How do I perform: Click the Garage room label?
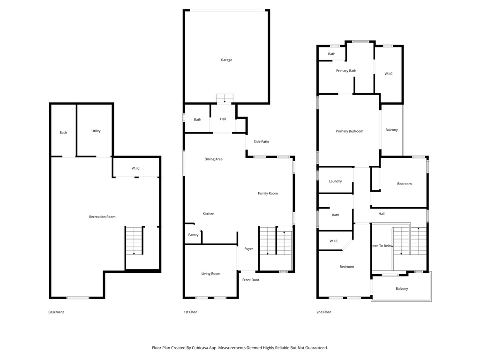[x=226, y=60]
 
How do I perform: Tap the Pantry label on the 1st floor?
[x=193, y=235]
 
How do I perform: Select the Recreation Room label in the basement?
[x=102, y=217]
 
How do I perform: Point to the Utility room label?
[x=96, y=131]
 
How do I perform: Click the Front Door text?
[x=251, y=280]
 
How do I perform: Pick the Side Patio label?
[x=262, y=142]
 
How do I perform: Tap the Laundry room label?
[x=335, y=181]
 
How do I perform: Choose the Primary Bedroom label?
[x=350, y=131]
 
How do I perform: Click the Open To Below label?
[x=382, y=246]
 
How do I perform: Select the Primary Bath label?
[x=346, y=71]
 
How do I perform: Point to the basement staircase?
[x=134, y=240]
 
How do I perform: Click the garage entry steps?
[x=225, y=98]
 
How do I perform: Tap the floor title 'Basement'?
[x=56, y=312]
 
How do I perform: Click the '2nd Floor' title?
[x=323, y=312]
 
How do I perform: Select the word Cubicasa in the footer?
[x=201, y=348]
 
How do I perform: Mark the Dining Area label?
[x=213, y=159]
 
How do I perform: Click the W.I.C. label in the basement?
[x=136, y=168]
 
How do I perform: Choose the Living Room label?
[x=210, y=274]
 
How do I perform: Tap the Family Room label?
[x=268, y=194]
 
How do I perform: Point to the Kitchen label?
[x=209, y=214]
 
